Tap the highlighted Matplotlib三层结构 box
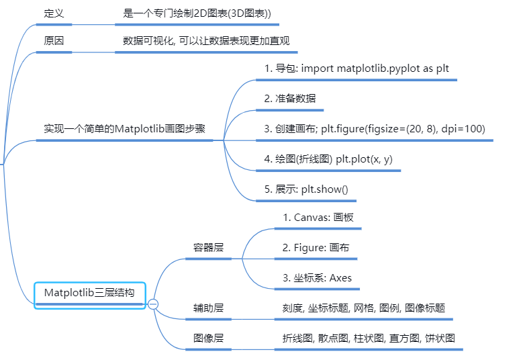pos(89,293)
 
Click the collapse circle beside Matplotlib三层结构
pos(153,304)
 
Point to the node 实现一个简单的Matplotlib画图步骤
pos(124,128)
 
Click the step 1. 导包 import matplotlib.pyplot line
pos(356,69)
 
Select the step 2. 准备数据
pos(290,98)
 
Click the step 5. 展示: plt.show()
pos(306,189)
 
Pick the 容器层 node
pos(208,247)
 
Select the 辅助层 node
pos(208,308)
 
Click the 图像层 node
pos(208,338)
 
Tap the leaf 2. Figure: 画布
pos(316,247)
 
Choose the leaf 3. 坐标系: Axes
pos(317,277)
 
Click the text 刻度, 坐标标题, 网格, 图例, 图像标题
pos(363,308)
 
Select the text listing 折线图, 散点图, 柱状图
pos(369,338)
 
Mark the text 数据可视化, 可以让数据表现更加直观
pos(206,40)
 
